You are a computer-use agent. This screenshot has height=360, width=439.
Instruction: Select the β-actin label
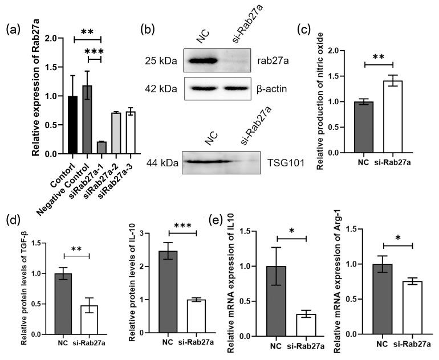click(x=271, y=89)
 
